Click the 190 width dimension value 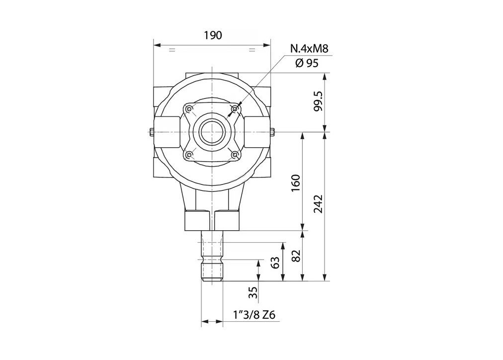point(213,35)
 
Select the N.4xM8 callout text point(309,49)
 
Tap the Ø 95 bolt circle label point(307,63)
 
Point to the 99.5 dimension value point(318,101)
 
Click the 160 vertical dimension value point(295,183)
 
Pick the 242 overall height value point(318,204)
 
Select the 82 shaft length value point(296,256)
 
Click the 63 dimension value point(275,262)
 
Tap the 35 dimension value point(253,292)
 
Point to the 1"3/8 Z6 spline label point(254,315)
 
